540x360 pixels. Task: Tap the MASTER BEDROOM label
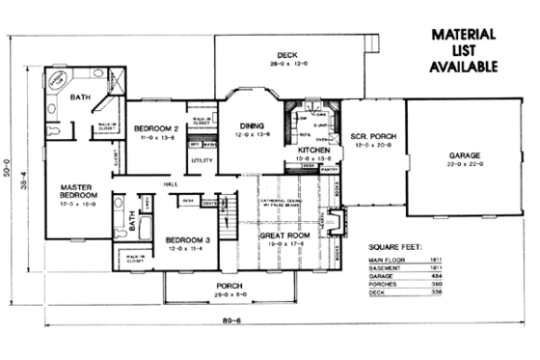pos(75,193)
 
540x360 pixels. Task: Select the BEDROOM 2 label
pos(156,128)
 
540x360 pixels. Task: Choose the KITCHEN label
pos(314,151)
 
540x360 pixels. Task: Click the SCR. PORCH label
pos(368,135)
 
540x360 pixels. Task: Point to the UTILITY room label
pos(203,160)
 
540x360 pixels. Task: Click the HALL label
pos(170,183)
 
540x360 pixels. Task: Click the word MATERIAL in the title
pos(463,34)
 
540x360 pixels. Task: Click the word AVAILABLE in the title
pos(463,68)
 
